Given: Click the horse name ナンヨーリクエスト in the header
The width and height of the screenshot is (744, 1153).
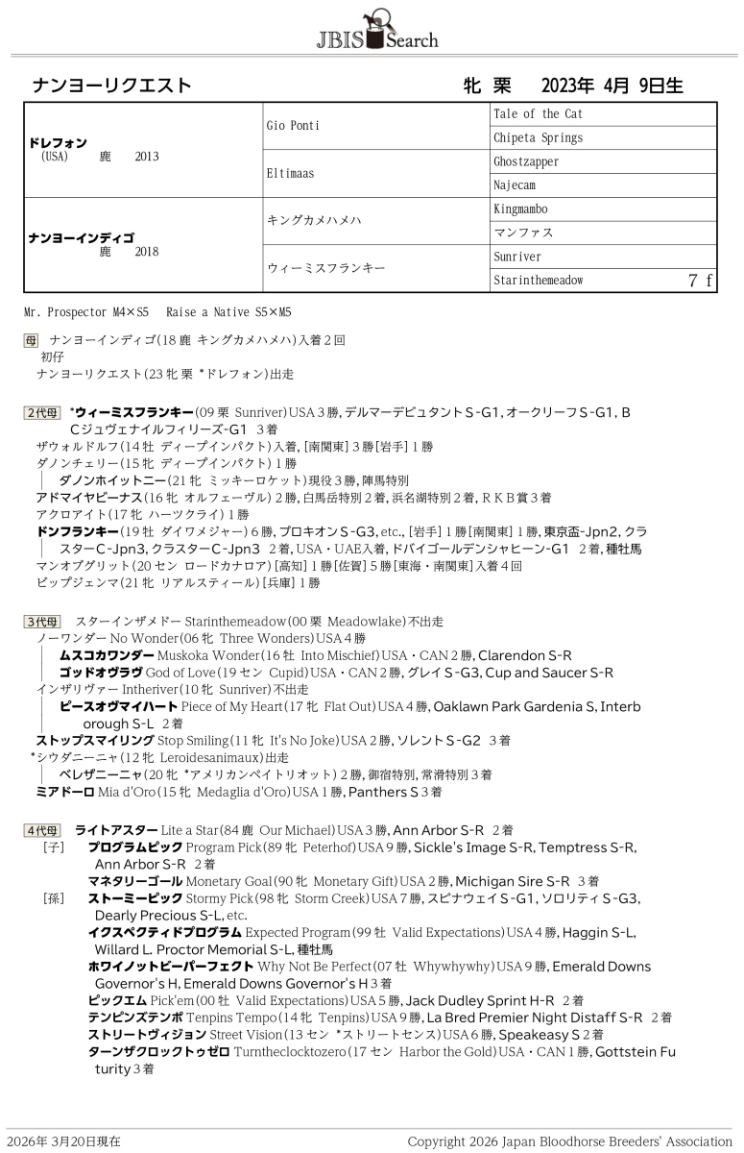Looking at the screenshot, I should (x=111, y=86).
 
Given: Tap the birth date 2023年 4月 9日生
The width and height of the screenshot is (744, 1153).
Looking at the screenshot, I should (x=612, y=86).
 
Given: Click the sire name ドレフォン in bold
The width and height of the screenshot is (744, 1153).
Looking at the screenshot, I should (x=59, y=142).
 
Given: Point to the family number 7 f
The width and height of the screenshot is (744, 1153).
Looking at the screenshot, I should (x=700, y=281).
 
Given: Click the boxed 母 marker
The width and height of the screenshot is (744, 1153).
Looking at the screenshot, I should (x=31, y=339).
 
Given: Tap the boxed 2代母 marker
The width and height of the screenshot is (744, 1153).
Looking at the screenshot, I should (x=41, y=412).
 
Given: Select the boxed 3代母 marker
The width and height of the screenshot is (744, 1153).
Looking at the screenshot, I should (x=41, y=622).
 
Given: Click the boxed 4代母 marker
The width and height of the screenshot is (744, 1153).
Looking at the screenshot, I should (x=41, y=829).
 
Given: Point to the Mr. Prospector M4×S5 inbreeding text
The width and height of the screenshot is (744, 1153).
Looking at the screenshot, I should (x=86, y=313).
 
